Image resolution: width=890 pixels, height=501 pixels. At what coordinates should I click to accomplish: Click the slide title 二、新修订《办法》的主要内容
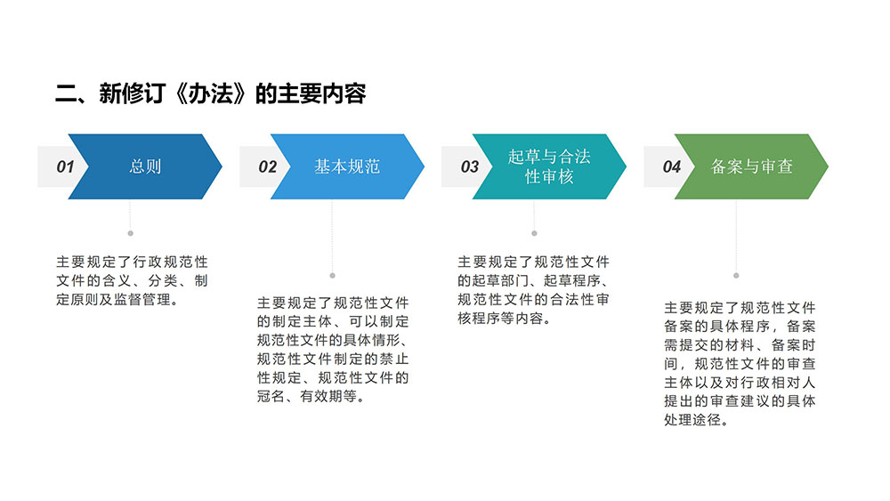point(211,93)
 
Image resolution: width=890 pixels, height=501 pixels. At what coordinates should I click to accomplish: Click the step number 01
point(65,166)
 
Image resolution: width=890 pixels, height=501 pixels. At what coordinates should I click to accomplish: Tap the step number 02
point(267,166)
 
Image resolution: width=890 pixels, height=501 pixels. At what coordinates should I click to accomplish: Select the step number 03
point(469,166)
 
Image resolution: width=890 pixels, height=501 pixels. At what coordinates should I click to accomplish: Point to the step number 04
point(671,166)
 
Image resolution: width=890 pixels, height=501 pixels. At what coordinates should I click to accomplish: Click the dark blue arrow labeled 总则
point(145,166)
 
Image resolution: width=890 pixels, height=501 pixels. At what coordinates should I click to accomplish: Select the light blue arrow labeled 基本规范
point(347,166)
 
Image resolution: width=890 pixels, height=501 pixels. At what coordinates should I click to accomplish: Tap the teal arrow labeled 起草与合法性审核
point(549,166)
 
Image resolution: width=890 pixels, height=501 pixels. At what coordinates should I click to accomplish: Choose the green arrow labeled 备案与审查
point(751,166)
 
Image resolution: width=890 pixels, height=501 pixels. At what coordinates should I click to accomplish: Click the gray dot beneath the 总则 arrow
point(131,233)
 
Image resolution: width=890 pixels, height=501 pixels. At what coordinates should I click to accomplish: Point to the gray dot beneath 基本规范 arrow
point(333,276)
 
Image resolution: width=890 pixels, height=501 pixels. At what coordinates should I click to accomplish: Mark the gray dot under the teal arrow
point(534,233)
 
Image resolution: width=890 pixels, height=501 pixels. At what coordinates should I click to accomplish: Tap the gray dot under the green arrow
point(736,276)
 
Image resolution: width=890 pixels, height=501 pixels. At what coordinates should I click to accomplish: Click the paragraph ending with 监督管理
point(133,281)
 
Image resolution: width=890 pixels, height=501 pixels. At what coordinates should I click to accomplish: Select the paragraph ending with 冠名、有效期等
point(333,350)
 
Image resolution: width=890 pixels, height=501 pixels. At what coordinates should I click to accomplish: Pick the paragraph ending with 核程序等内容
point(533,290)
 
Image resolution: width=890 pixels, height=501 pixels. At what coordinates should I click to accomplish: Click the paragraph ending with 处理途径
point(740,364)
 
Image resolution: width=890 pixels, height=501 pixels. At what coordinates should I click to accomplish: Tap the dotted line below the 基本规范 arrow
point(333,236)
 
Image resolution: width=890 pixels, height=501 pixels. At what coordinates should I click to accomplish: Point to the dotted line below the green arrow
point(736,236)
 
